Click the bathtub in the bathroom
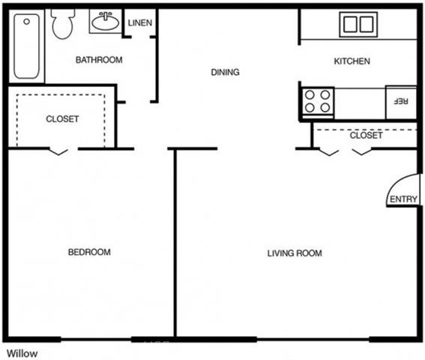(26, 46)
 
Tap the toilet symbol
(63, 24)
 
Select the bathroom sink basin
(106, 22)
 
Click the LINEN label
(140, 22)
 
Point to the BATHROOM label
(99, 60)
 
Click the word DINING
(225, 72)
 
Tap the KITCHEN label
(352, 61)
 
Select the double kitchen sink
(358, 25)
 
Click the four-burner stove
(317, 102)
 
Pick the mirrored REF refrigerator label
(400, 101)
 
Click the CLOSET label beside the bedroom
(62, 118)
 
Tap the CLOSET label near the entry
(367, 135)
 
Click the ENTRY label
(403, 199)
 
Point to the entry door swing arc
(397, 184)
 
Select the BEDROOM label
(89, 252)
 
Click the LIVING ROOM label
(295, 253)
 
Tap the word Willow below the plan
(22, 353)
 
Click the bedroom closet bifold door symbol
(58, 151)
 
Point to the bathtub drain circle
(26, 22)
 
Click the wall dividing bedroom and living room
(175, 243)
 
